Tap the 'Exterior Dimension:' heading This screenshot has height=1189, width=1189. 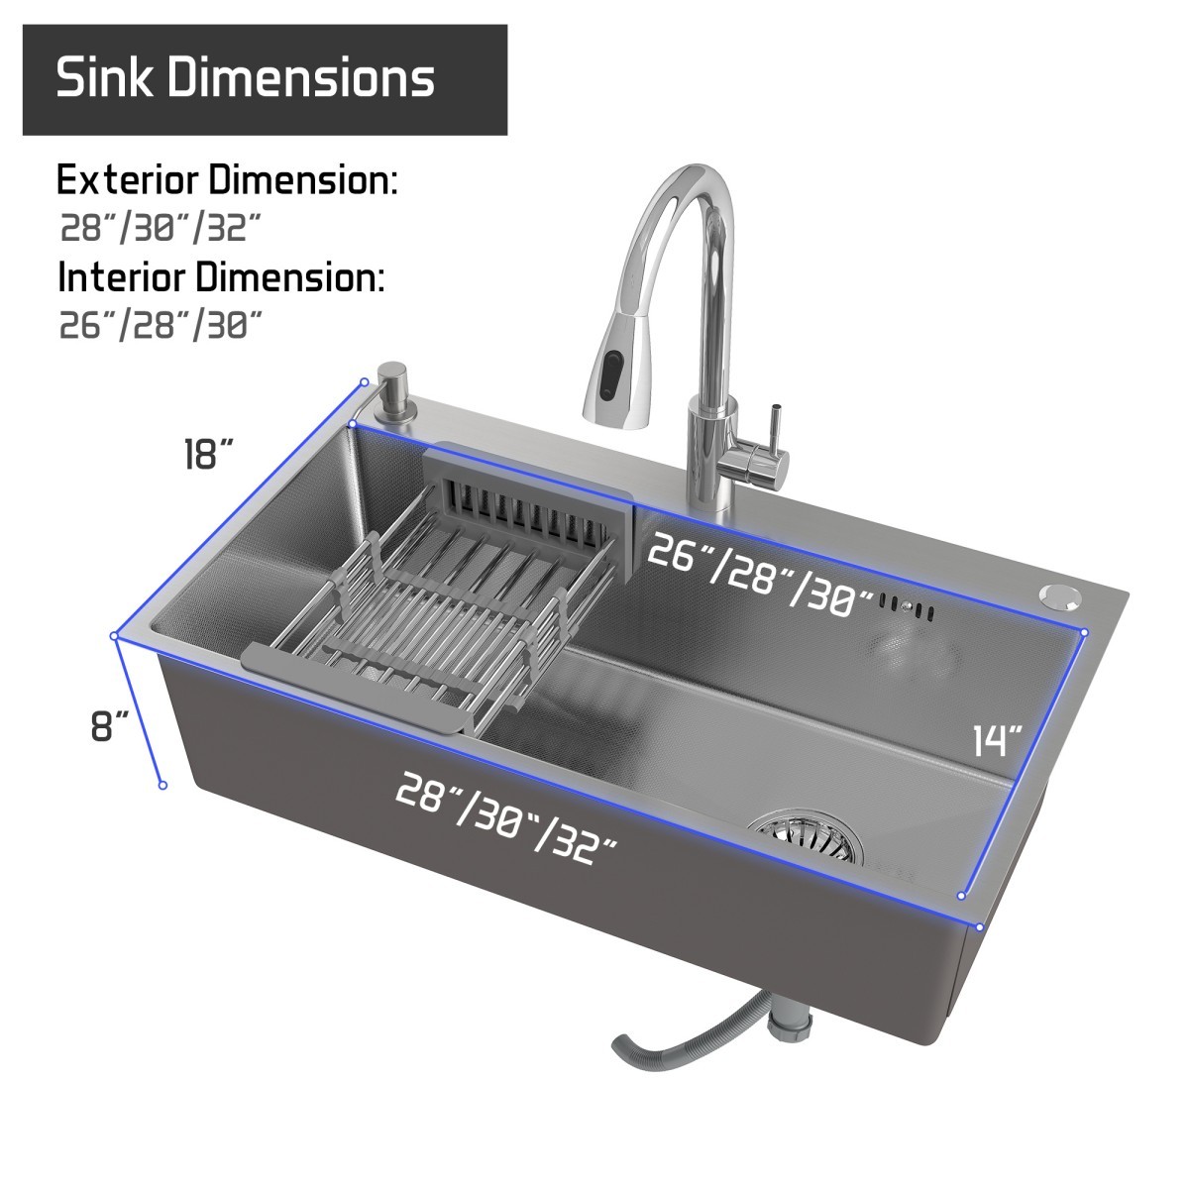pos(227,181)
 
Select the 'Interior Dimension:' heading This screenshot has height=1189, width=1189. pos(220,277)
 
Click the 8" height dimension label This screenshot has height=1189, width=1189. pos(110,726)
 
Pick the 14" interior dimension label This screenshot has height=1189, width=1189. pos(996,740)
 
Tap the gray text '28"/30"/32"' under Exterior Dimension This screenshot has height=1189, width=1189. pos(159,228)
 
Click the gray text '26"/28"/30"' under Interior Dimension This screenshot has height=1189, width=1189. pos(162,324)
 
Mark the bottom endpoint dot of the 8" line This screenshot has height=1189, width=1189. pos(162,785)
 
